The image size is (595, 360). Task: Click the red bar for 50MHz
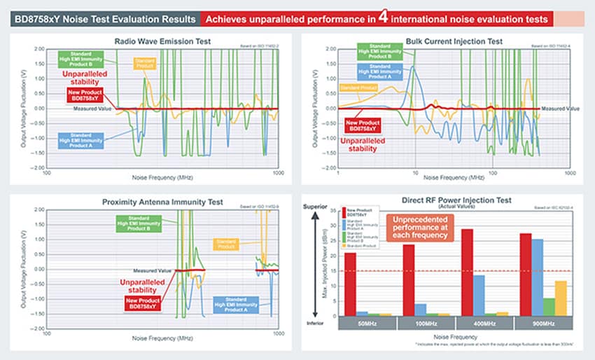350,284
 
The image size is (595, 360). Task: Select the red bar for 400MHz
467,272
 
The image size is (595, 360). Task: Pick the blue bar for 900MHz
536,277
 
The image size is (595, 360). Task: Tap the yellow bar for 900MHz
560,298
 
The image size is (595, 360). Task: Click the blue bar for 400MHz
479,295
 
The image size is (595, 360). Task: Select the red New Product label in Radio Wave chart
84,95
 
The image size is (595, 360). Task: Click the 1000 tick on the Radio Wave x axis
278,172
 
